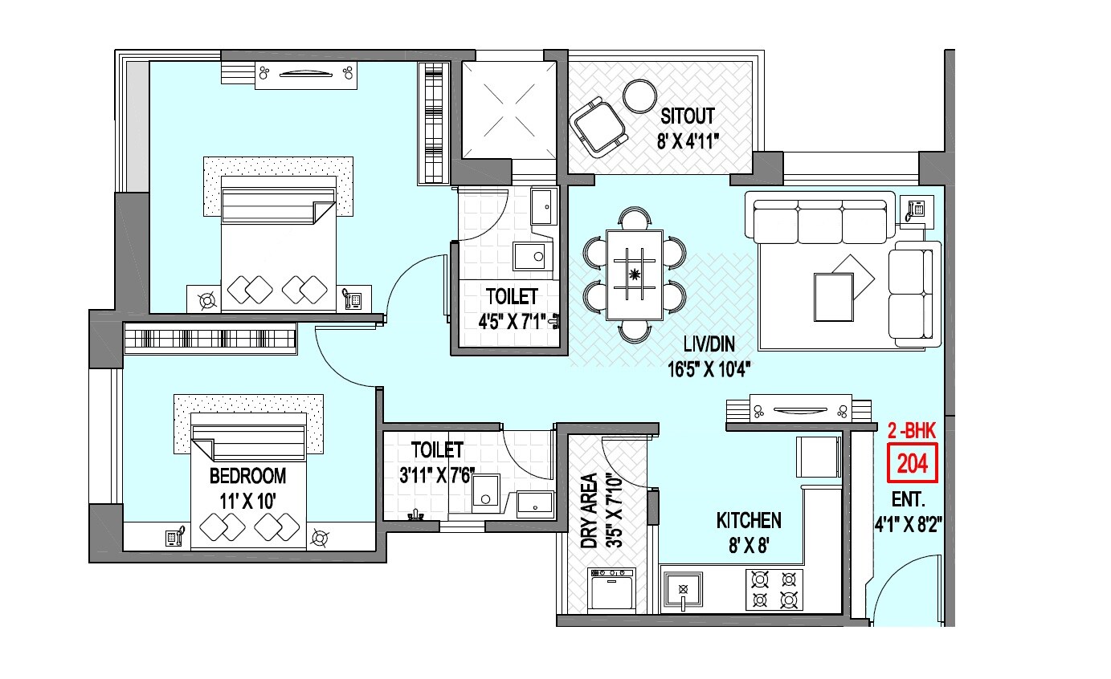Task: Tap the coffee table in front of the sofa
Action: point(834,297)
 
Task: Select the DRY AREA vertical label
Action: point(588,510)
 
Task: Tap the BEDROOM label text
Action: point(247,477)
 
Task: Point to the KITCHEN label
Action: point(748,521)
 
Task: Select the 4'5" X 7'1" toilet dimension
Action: point(513,322)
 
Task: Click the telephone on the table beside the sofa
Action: point(915,209)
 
